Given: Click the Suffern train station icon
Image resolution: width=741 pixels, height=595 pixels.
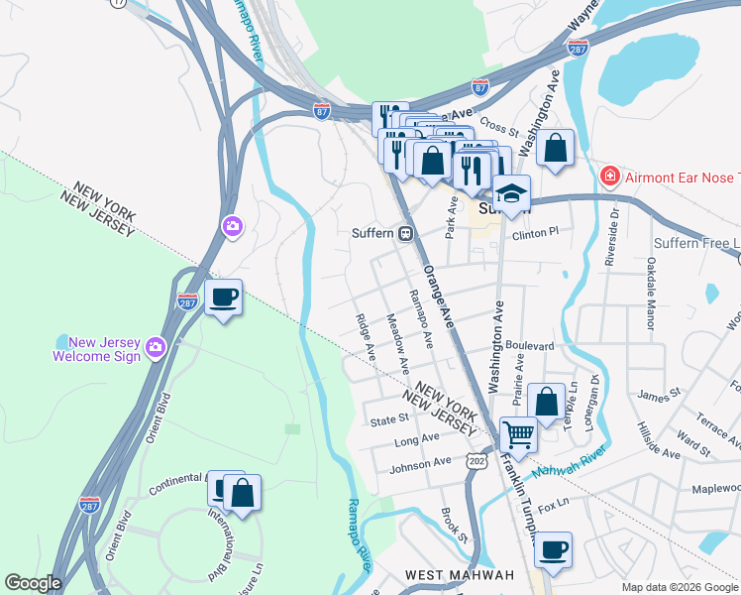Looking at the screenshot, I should pyautogui.click(x=406, y=234).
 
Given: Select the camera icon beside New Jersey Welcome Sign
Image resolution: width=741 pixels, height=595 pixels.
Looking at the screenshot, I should pyautogui.click(x=156, y=346).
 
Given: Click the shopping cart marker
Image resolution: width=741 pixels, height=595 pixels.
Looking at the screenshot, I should pyautogui.click(x=518, y=433).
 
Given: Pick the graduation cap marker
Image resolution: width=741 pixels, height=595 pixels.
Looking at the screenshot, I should pyautogui.click(x=512, y=192).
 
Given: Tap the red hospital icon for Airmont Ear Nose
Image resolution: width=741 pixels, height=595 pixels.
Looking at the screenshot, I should pyautogui.click(x=610, y=177).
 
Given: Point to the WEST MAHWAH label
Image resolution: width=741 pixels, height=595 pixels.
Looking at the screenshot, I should pyautogui.click(x=459, y=575).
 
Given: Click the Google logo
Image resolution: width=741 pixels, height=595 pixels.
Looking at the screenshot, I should pyautogui.click(x=33, y=583).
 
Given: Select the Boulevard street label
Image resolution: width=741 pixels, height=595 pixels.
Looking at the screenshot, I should pyautogui.click(x=528, y=346).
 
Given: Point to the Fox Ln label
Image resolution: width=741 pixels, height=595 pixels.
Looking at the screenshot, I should pyautogui.click(x=555, y=502).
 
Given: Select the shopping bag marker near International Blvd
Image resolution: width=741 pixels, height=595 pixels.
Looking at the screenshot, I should pyautogui.click(x=242, y=492).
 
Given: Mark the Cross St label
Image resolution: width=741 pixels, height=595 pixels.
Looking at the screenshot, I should pyautogui.click(x=499, y=127).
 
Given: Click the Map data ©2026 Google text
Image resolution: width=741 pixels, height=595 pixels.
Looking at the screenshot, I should pyautogui.click(x=679, y=587).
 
